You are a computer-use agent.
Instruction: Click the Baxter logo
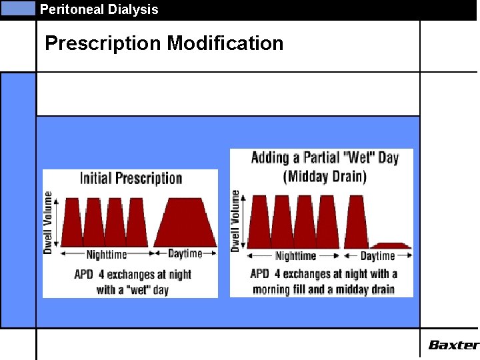pos(453,345)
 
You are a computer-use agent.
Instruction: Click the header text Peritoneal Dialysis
pos(99,9)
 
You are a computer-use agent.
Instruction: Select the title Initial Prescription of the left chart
pos(131,178)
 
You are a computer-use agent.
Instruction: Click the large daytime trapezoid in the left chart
pos(185,224)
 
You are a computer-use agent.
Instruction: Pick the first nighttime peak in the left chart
pos(73,224)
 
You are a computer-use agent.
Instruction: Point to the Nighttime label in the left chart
pos(107,254)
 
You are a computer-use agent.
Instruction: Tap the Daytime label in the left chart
pos(185,253)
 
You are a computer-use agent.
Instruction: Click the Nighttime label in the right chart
pos(295,256)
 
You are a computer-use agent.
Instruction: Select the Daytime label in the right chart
pos(378,256)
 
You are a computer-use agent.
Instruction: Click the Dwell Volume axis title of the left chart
pos(49,222)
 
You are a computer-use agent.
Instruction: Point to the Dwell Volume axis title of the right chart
pos(235,221)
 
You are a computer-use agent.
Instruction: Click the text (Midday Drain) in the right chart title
pos(325,177)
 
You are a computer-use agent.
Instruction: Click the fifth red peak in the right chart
pos(354,223)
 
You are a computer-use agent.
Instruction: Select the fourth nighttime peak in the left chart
pos(137,224)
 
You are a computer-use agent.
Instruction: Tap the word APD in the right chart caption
pos(260,274)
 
